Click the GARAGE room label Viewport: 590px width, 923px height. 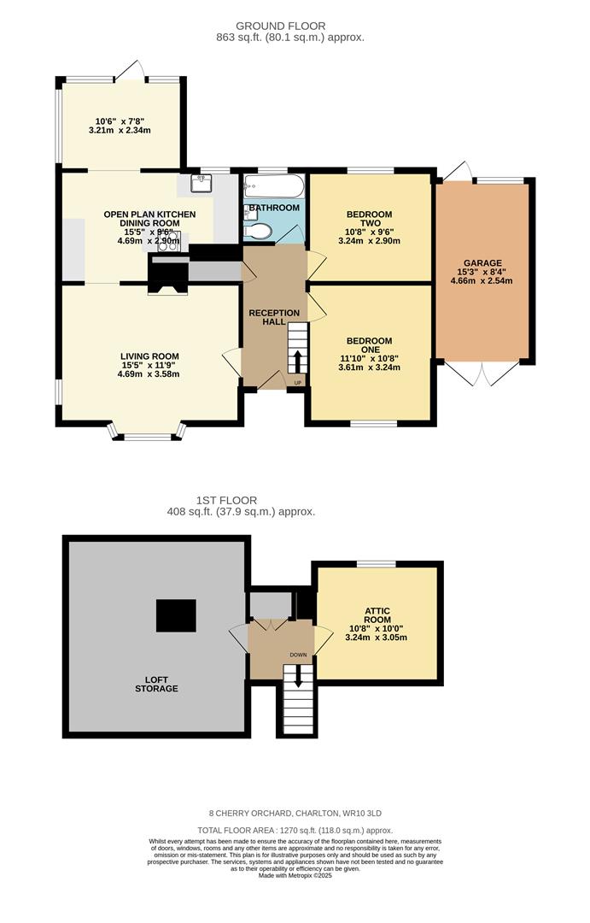pos(483,263)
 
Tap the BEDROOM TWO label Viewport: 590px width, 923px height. pos(369,219)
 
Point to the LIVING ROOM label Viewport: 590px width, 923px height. pos(149,356)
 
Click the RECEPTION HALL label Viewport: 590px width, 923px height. pos(274,318)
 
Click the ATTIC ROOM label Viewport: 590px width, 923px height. pos(377,616)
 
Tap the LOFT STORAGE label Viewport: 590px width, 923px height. pos(155,684)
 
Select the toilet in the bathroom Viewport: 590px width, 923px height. pos(259,230)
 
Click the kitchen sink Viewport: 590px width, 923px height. pos(205,184)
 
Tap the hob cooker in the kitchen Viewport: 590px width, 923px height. pos(168,241)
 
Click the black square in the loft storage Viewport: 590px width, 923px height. pos(176,615)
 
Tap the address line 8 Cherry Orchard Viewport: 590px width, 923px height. pos(295,813)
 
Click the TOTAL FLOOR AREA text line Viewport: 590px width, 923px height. pos(295,830)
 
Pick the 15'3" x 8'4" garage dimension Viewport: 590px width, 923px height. pos(483,273)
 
